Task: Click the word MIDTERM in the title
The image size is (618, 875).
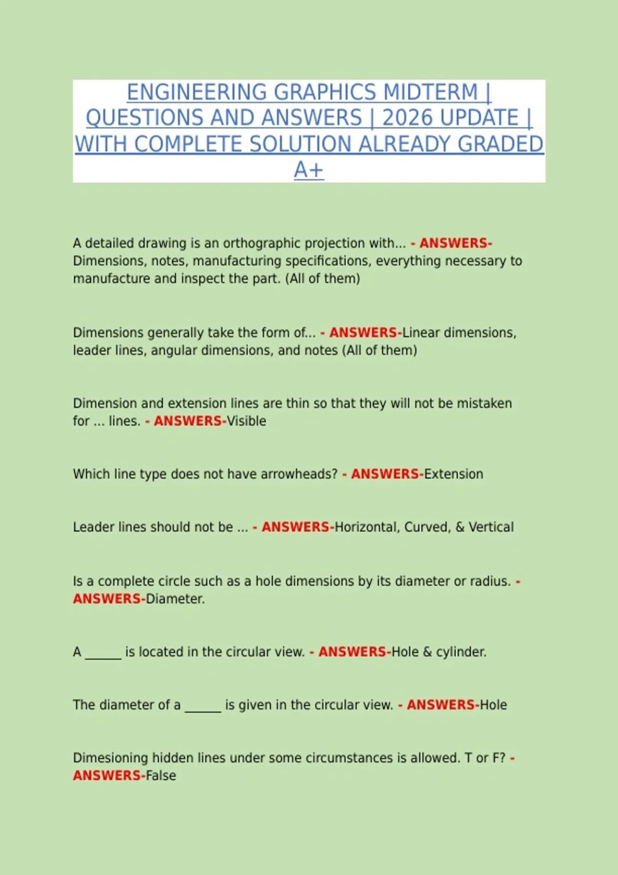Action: click(x=431, y=93)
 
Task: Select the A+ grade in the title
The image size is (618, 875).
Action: click(x=308, y=170)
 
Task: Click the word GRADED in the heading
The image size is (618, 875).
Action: click(x=500, y=144)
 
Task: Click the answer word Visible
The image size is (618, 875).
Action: click(x=247, y=421)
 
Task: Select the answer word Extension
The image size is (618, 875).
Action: click(x=454, y=474)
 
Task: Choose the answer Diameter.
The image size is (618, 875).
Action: click(x=175, y=599)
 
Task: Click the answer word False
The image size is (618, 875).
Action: click(x=161, y=776)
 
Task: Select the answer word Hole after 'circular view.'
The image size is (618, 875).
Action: click(x=493, y=705)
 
